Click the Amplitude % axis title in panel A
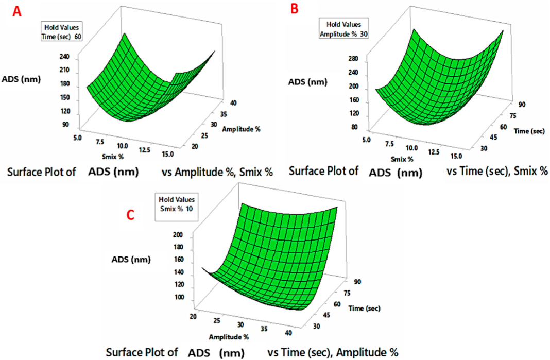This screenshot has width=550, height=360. [241, 129]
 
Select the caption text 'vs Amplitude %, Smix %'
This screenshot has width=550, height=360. [222, 173]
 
